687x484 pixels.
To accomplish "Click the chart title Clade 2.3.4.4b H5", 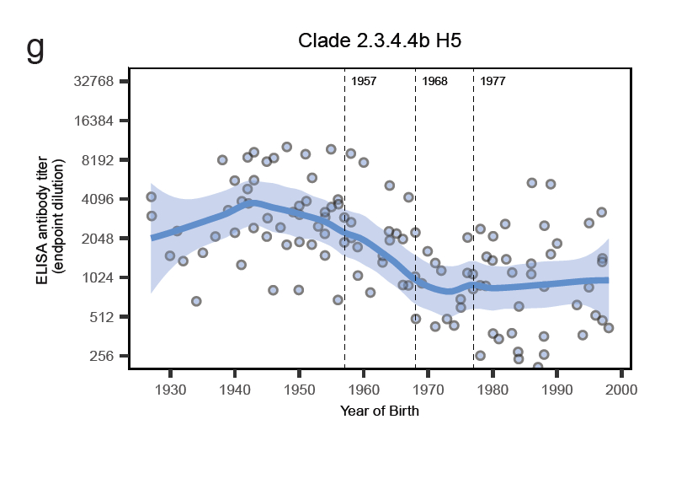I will (380, 41).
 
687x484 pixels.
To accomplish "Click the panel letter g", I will (35, 48).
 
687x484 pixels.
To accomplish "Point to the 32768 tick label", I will (93, 82).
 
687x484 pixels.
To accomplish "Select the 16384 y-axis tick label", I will (93, 121).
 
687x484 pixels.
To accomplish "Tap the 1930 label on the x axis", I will (170, 389).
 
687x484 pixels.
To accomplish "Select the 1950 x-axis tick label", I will (299, 389).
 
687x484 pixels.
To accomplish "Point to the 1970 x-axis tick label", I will (428, 389).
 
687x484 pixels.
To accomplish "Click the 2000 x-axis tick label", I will (621, 389).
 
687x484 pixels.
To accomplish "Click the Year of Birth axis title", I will (380, 411).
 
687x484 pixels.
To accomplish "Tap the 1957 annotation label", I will (364, 82).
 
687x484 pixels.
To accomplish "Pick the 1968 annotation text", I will (434, 82).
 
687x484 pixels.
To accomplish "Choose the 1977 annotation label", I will (493, 82).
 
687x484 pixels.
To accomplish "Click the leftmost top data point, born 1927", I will (152, 196).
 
